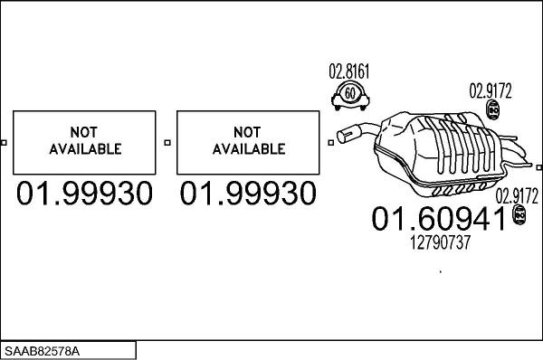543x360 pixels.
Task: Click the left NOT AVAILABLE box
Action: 84,142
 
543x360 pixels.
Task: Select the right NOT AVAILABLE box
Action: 248,142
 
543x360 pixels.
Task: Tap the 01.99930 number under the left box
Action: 84,194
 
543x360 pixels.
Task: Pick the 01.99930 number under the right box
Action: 248,194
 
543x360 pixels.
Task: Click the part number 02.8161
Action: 348,71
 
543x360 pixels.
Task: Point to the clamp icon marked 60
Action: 348,93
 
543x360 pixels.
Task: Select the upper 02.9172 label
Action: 490,90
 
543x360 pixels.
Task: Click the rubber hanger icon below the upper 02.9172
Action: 494,110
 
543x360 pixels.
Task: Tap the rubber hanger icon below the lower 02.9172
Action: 520,214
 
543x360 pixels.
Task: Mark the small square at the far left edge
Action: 5,142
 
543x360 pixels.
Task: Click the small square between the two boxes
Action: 167,142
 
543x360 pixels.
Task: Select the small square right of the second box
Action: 329,142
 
